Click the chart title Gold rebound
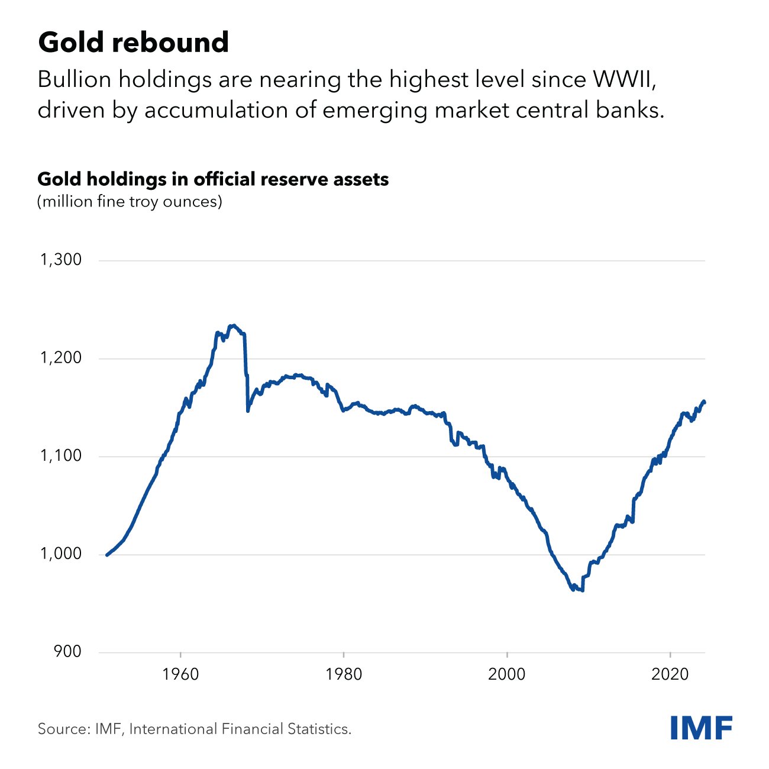coord(133,43)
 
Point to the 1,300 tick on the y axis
coord(60,260)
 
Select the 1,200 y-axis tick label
coord(60,358)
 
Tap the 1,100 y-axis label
coord(60,456)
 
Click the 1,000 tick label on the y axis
coord(60,554)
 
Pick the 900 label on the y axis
coord(67,652)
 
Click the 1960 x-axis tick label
coord(180,674)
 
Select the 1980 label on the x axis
coord(344,674)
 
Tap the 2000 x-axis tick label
coord(507,674)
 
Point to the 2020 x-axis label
coord(670,674)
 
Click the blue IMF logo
coord(702,728)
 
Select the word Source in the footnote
coord(63,729)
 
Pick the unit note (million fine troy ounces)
coord(130,202)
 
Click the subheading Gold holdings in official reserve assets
coord(213,179)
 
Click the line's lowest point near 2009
coord(583,590)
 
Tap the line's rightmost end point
coord(704,402)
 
